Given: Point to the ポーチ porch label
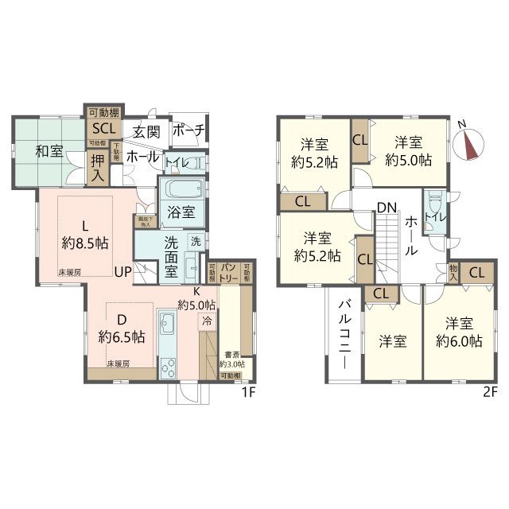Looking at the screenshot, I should pos(188,130).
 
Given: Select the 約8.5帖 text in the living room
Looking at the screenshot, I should pos(86,243).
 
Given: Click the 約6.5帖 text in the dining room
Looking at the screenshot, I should pos(122,336).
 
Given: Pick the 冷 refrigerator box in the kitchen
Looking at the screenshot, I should pos(207,322).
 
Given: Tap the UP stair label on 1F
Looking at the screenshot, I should pos(124,271).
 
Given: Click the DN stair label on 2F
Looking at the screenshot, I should pos(387,208).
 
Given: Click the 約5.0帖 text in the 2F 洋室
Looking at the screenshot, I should pos(409,160).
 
